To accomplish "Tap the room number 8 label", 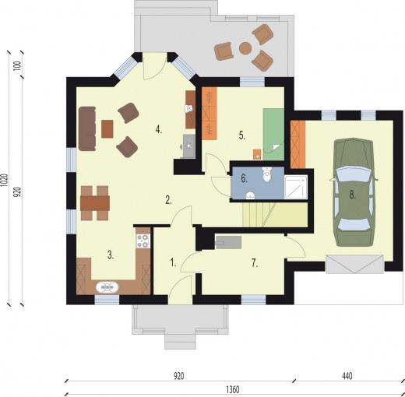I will pyautogui.click(x=352, y=196).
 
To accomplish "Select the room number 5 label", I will pyautogui.click(x=242, y=135).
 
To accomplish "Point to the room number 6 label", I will pyautogui.click(x=244, y=177).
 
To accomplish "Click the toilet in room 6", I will pyautogui.click(x=266, y=175).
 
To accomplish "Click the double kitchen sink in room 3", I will pyautogui.click(x=107, y=286).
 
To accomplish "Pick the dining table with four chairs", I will pyautogui.click(x=95, y=201).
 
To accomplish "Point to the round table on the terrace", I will pyautogui.click(x=245, y=48).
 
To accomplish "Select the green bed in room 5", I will pyautogui.click(x=273, y=128).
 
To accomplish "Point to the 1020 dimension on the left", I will pyautogui.click(x=6, y=183).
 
